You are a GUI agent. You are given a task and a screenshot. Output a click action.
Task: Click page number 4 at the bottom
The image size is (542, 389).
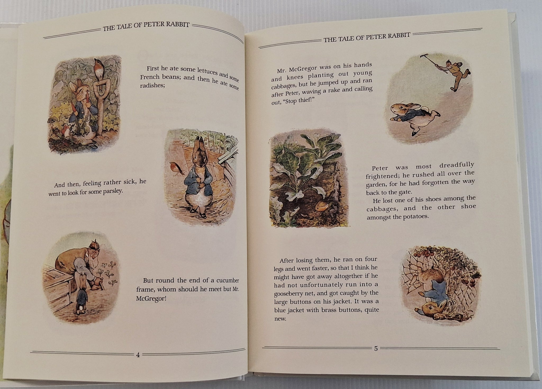pos(138,354)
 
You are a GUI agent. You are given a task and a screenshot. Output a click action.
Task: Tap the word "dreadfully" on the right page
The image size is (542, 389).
pos(457,165)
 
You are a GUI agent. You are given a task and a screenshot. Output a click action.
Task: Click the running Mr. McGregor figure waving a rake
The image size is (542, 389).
pos(460,76)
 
